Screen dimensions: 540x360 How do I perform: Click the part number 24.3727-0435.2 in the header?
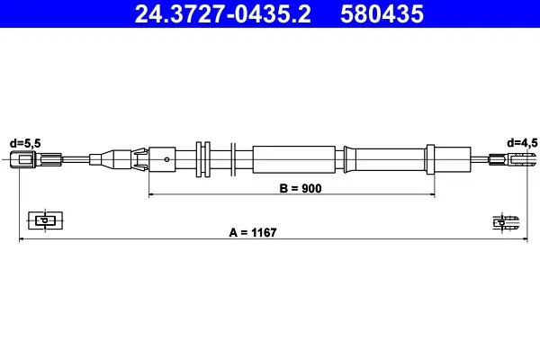(223, 14)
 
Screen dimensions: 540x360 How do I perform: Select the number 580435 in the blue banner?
(382, 14)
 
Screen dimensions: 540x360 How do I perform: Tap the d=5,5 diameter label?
(25, 143)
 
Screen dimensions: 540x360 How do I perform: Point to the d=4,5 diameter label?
(522, 142)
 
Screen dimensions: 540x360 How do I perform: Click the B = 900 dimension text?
(301, 188)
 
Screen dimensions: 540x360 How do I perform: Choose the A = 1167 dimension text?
(253, 232)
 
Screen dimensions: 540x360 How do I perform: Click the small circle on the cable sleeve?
(166, 159)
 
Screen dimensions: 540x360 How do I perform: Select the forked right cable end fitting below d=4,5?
(512, 159)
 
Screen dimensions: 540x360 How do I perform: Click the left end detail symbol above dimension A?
(45, 220)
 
